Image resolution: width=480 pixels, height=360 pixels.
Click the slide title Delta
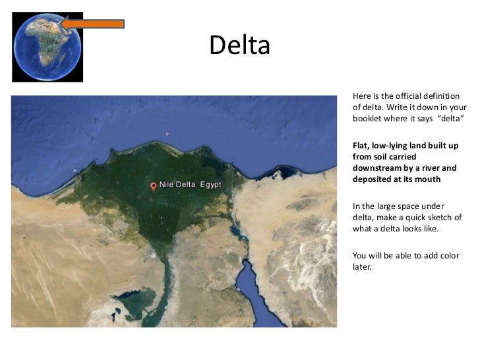(239, 45)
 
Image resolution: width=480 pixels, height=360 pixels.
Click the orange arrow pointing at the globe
(92, 24)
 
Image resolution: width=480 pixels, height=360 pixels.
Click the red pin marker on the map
(154, 187)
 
